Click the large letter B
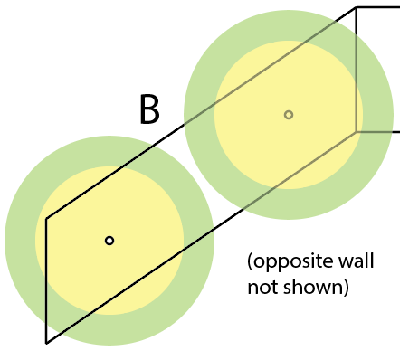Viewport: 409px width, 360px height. [149, 109]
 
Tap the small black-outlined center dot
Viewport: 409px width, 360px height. [109, 241]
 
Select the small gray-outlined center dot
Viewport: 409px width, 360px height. [289, 115]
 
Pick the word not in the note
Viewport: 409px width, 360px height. [263, 288]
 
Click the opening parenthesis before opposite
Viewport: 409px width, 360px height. [250, 262]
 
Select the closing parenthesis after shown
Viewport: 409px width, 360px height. [346, 288]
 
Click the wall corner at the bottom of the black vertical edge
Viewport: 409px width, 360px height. [46, 343]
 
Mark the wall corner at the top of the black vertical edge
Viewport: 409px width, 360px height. [46, 218]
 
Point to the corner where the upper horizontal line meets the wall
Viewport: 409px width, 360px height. [357, 6]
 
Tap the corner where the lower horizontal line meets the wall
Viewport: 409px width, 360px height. [357, 132]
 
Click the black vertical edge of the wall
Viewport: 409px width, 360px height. [46, 280]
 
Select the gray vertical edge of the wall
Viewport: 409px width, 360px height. [357, 70]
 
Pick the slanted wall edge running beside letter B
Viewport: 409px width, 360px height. [201, 112]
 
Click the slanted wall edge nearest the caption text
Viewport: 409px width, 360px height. [201, 238]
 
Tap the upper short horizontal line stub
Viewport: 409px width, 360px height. [378, 6]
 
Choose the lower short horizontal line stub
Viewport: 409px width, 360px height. [378, 132]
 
